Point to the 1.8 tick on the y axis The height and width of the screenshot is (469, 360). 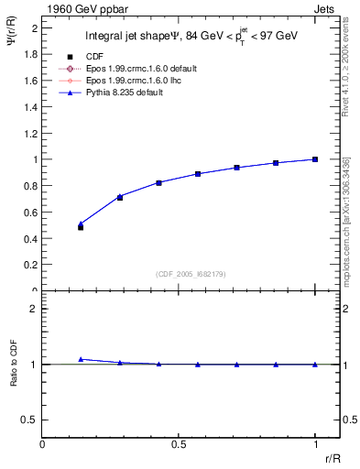[31, 54]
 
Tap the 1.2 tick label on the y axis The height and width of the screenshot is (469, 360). [31, 133]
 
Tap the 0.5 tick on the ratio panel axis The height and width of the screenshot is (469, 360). [31, 420]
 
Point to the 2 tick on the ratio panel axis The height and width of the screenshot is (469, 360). [35, 309]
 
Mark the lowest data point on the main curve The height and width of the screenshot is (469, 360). [81, 226]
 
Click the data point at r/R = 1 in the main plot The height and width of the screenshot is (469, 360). [315, 159]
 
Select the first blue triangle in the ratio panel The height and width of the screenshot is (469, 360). [81, 359]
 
